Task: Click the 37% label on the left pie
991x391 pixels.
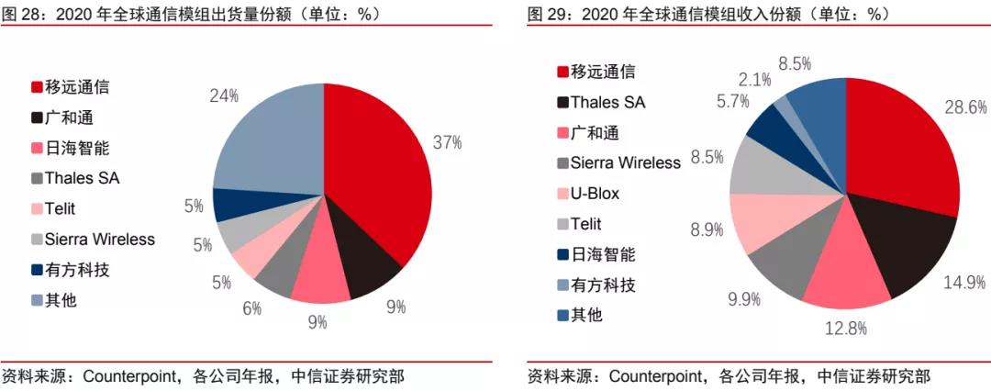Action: [x=447, y=142]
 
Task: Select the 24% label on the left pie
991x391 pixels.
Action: [x=224, y=95]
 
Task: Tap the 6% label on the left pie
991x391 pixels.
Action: [x=251, y=308]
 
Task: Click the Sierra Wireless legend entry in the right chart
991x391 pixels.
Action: [x=625, y=163]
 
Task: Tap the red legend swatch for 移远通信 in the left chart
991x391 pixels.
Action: [x=37, y=87]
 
